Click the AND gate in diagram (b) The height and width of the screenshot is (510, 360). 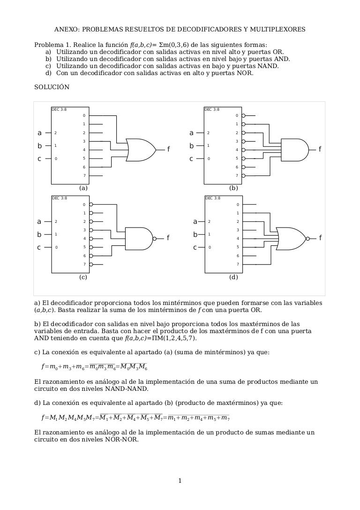[294, 149]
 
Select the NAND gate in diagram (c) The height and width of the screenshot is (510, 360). [139, 238]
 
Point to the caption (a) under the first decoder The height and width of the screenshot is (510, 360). [83, 188]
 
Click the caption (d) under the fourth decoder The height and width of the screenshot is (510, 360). [233, 277]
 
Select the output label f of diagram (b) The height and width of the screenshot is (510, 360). [320, 149]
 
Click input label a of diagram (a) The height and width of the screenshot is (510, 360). [39, 133]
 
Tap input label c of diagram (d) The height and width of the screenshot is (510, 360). [195, 247]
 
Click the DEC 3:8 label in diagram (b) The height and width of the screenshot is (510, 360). [212, 109]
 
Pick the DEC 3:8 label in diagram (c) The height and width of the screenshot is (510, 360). [59, 198]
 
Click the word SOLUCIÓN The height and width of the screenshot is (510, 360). [52, 87]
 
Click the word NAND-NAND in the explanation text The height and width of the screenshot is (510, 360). [128, 389]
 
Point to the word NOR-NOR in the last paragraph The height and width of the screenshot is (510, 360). [123, 440]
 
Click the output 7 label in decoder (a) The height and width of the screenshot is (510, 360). [84, 175]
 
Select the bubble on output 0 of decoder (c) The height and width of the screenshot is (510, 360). [91, 205]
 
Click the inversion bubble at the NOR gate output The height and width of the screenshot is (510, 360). [308, 238]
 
